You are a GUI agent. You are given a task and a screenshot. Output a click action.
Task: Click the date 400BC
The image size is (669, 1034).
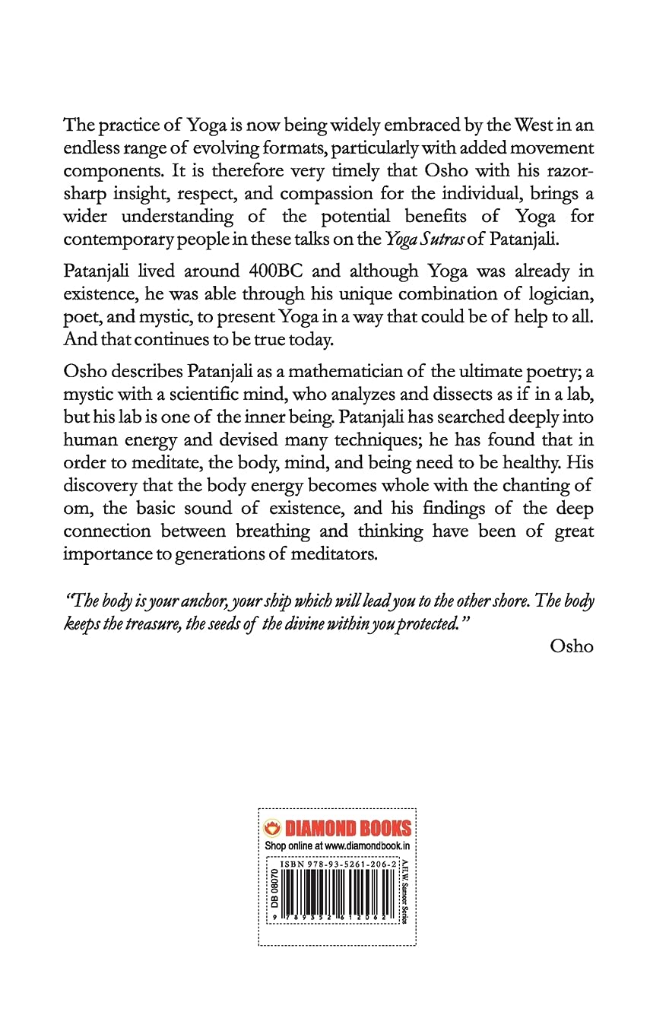click(281, 271)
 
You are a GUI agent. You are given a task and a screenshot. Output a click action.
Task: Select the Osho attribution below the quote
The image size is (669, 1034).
click(570, 646)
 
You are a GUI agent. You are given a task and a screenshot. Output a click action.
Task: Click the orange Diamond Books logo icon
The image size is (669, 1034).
click(269, 829)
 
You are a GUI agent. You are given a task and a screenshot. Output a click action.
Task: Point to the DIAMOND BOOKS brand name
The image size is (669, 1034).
click(347, 829)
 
